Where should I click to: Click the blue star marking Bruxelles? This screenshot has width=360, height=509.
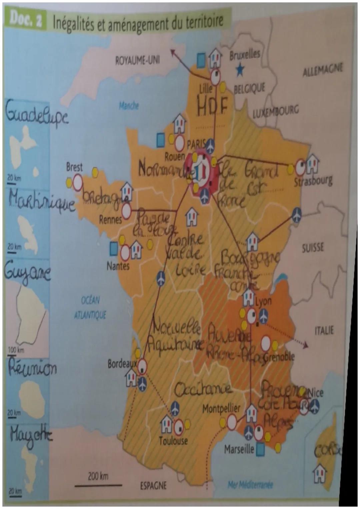(240, 69)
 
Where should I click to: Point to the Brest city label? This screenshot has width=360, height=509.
(74, 167)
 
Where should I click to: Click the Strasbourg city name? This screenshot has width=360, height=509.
(313, 181)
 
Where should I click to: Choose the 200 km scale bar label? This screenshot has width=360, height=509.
(98, 476)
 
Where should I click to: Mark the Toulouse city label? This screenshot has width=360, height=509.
(173, 441)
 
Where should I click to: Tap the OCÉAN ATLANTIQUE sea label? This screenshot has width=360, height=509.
(90, 308)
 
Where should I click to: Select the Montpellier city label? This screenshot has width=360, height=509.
(221, 409)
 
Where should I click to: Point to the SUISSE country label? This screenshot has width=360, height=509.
(313, 248)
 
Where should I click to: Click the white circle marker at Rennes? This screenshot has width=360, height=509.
(126, 211)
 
